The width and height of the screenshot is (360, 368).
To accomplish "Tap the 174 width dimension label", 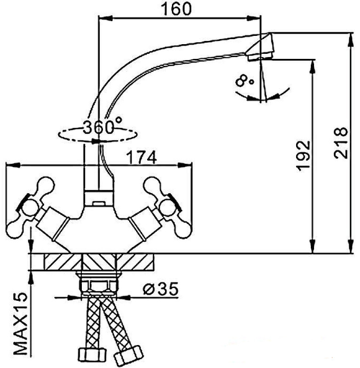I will pyautogui.click(x=142, y=157).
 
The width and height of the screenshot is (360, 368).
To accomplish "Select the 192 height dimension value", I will pyautogui.click(x=304, y=156).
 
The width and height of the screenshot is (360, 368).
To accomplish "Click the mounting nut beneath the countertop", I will pyautogui.click(x=98, y=285).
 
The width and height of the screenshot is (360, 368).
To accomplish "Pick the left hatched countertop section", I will pyautogui.click(x=63, y=262).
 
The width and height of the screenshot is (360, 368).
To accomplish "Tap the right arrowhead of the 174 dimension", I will pyautogui.click(x=189, y=164).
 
